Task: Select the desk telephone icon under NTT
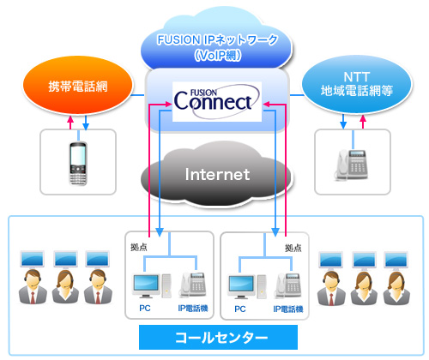coord(352,163)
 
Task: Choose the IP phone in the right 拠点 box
coord(290,284)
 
